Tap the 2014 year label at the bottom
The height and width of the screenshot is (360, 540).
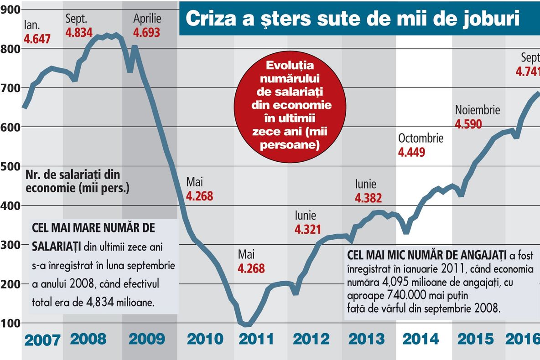[x=421, y=339]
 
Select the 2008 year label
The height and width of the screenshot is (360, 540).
[x=88, y=339]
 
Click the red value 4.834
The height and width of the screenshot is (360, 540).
[x=79, y=32]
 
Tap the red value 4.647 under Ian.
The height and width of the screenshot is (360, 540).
[x=37, y=39]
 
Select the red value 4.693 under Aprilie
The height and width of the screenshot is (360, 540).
[x=147, y=32]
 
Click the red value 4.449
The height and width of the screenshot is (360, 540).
[x=411, y=152]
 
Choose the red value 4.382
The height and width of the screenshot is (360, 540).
[x=369, y=198]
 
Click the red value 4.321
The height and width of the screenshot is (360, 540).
[x=308, y=229]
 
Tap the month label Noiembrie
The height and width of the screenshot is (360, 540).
[x=478, y=110]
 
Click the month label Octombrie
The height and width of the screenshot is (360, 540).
[x=421, y=139]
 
